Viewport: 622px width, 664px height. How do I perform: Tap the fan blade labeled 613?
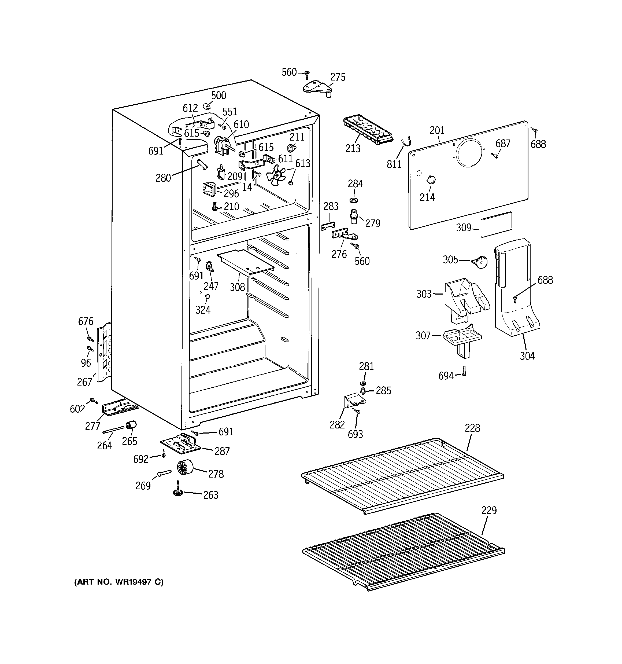pos(276,175)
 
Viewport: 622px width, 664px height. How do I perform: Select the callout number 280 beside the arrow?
pos(163,178)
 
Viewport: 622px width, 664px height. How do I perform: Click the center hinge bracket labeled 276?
pos(344,233)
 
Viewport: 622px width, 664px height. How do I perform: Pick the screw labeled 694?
pos(464,371)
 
